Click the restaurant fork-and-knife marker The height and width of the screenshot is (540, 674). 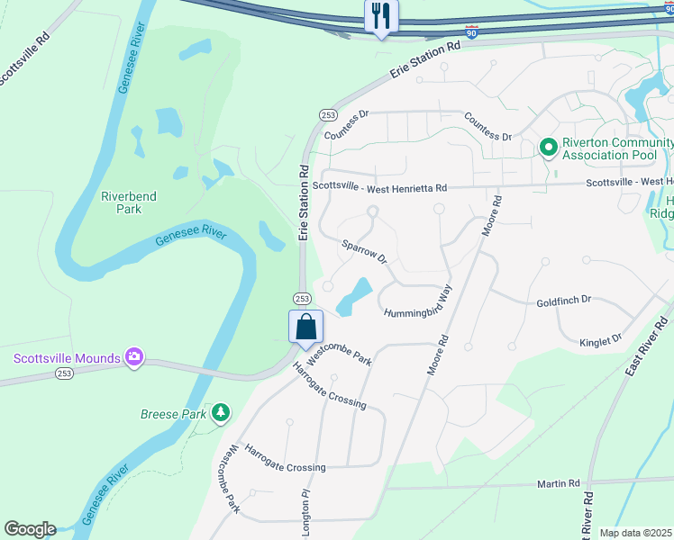pos(381,16)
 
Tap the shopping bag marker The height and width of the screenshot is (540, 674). pos(305,326)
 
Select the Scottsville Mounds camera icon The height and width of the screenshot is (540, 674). pos(134,358)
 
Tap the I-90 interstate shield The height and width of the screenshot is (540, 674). pos(472,32)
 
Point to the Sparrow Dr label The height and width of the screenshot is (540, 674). pos(364,251)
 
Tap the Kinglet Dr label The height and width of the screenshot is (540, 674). pos(600,340)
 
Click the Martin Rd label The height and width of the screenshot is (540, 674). pos(558,484)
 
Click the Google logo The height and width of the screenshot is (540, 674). pos(30,529)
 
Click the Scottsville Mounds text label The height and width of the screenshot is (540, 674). pos(67,358)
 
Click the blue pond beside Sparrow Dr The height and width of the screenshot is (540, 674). pos(355,296)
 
